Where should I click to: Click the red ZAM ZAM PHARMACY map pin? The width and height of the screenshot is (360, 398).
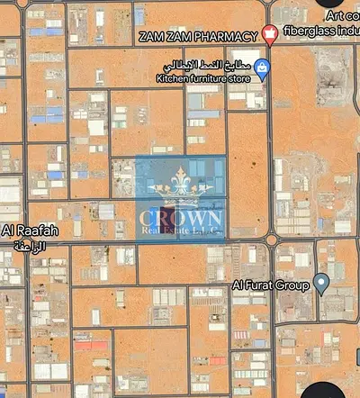(x=269, y=36)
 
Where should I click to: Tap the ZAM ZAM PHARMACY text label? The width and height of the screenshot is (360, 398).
(x=198, y=36)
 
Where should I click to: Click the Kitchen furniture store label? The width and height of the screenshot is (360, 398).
(x=203, y=78)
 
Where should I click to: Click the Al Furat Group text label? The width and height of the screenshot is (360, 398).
(x=270, y=285)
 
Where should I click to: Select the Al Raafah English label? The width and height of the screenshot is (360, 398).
(x=30, y=231)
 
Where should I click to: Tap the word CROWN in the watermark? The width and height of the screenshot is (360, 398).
(x=180, y=219)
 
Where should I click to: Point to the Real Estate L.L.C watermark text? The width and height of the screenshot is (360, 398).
(x=181, y=233)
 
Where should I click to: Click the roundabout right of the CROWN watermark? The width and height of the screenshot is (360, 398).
(x=270, y=240)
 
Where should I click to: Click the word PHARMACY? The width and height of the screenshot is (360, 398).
(x=229, y=36)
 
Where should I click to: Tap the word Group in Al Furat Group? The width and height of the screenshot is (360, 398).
(x=292, y=285)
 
